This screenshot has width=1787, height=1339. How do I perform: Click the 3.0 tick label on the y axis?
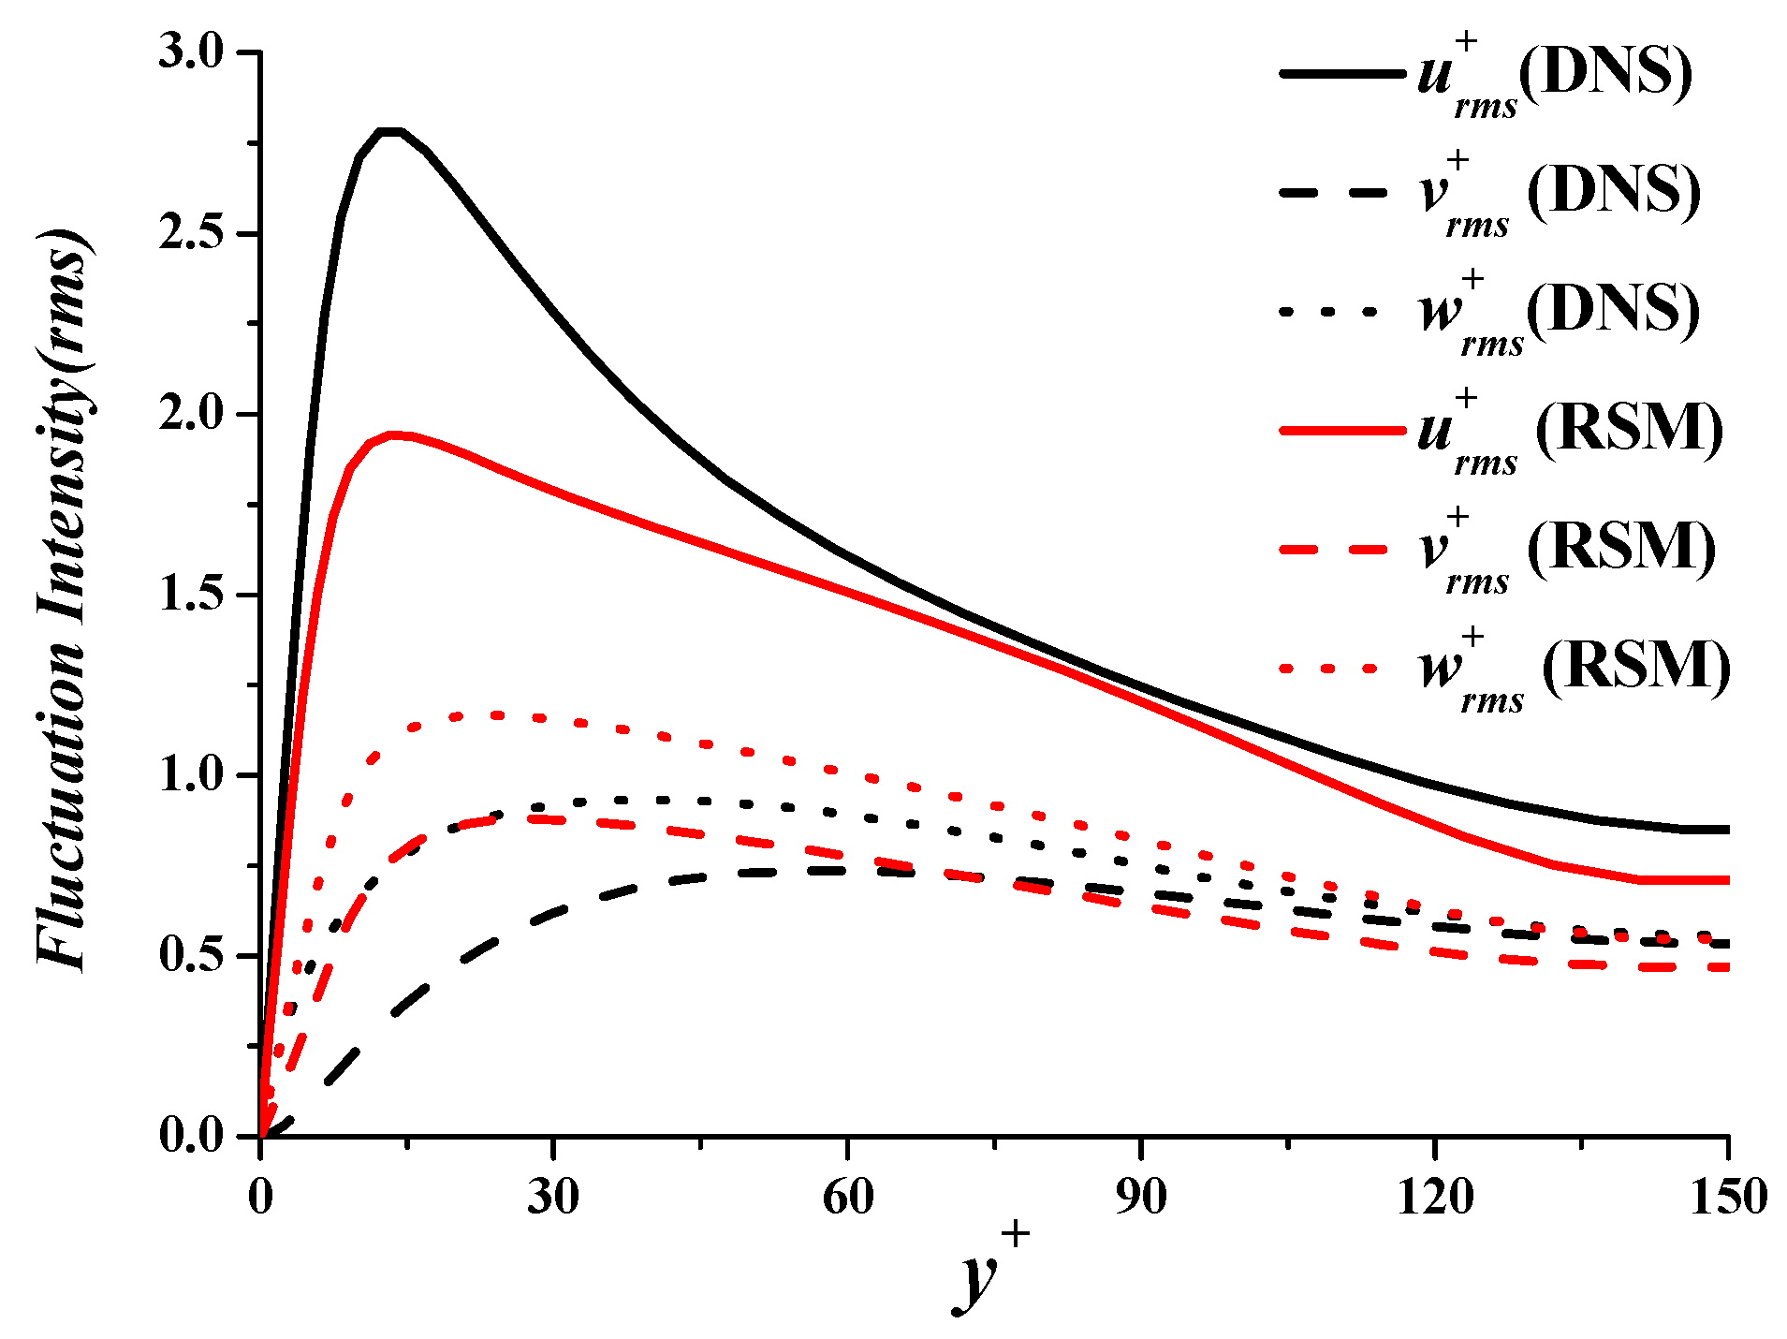coord(191,51)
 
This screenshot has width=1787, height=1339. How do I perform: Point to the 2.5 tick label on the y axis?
coord(191,233)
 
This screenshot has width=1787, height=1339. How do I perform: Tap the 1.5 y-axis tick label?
coord(191,595)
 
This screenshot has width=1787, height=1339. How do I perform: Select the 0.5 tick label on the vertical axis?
coord(191,955)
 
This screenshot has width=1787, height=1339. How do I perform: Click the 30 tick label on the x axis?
coord(553,1197)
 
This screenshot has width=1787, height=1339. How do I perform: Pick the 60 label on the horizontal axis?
coord(847,1197)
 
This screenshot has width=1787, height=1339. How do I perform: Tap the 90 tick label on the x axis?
coord(1141,1197)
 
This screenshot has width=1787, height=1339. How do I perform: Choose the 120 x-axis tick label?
coord(1434,1197)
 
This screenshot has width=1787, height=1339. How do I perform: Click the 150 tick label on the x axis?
coord(1728,1197)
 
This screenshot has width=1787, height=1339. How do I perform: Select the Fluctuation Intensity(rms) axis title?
coord(64,599)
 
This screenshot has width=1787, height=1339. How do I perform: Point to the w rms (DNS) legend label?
coord(1560,312)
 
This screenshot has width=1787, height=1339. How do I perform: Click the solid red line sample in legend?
coord(1341,431)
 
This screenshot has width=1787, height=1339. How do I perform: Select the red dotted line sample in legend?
coord(1329,669)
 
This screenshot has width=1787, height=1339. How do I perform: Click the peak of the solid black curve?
coord(390,131)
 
